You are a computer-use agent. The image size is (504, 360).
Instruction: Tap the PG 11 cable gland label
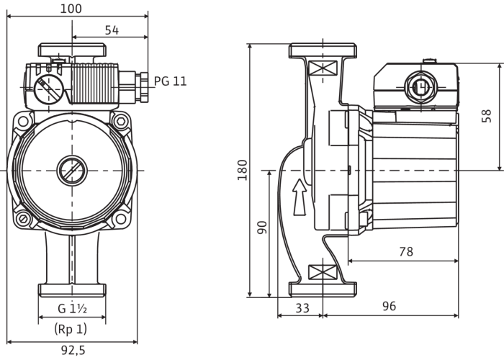170,82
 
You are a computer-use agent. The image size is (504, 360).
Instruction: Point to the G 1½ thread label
73,310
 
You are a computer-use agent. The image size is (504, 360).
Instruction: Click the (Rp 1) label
72,330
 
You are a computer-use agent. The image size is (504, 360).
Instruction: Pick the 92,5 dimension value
72,351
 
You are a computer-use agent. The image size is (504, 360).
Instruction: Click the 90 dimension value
263,228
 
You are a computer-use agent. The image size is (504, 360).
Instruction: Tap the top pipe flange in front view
72,52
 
